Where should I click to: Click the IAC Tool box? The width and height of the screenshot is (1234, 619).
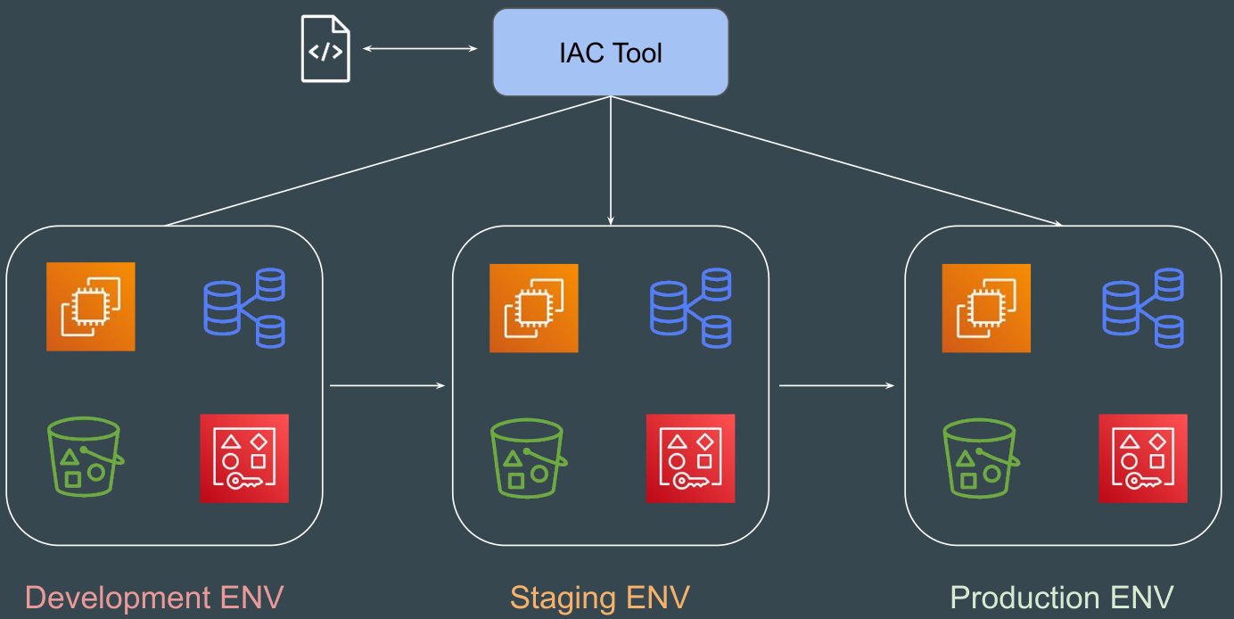point(611,53)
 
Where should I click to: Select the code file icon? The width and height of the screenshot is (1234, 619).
point(325,49)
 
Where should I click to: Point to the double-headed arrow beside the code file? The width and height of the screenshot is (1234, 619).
point(420,49)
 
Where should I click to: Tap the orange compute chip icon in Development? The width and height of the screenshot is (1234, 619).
point(91,306)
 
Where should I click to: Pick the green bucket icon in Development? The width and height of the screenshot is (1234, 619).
point(84,457)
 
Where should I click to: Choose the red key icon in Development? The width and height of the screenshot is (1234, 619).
point(244,458)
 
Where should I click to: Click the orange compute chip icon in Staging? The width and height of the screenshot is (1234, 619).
point(534,308)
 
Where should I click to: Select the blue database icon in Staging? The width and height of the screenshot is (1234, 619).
point(690,308)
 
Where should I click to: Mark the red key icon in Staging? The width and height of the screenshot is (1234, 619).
point(690,458)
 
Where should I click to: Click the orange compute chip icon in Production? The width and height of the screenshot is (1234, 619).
point(986,308)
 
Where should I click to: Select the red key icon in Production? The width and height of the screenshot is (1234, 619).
point(1143,458)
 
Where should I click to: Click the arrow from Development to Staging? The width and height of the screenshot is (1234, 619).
point(387,385)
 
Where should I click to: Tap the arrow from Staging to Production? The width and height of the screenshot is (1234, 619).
point(836,385)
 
